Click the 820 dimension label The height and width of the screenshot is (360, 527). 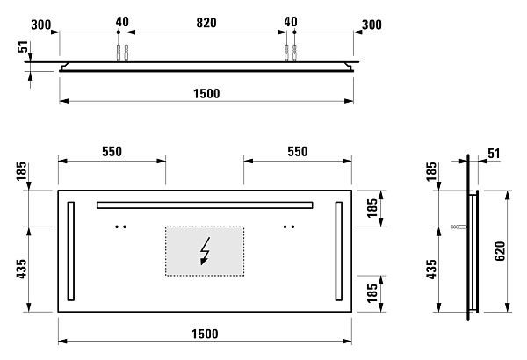point(206,23)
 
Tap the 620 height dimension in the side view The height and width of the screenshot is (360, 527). point(500,251)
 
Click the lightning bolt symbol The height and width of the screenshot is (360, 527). point(205,251)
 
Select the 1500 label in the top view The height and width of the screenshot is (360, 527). point(206,93)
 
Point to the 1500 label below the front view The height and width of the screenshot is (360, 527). point(205,334)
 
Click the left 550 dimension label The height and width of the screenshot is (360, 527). point(112,152)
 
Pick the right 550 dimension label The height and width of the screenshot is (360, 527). point(298,152)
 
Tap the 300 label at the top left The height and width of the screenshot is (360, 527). point(41,25)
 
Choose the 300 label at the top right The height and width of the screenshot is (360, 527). point(372,25)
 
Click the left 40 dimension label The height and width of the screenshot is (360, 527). point(122,22)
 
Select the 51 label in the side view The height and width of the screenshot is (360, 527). point(494,154)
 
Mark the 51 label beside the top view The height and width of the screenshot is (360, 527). point(22,47)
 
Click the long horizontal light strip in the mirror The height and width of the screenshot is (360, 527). point(205,205)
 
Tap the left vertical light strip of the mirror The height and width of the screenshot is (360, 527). point(71,251)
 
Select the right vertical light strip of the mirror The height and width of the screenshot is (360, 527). point(339,251)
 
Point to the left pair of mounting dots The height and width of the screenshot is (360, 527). point(120,227)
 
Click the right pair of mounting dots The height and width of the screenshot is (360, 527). point(289,227)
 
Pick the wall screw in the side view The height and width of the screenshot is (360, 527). point(459,227)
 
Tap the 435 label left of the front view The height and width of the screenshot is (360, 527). point(21,269)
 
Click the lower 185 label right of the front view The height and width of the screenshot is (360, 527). point(372,293)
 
